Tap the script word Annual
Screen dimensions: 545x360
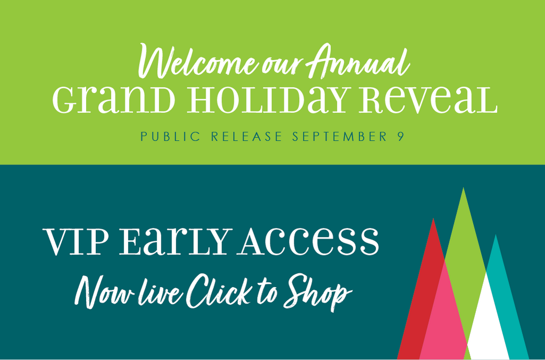tap(359, 61)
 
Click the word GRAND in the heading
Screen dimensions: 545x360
tap(114, 100)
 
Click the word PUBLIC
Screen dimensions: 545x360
tap(171, 136)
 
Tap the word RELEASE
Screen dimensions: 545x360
tap(247, 136)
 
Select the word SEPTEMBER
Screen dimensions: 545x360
tap(340, 136)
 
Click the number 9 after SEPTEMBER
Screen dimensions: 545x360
tap(400, 136)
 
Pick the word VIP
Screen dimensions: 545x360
tap(76, 242)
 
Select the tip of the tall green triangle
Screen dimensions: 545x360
tap(463, 188)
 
